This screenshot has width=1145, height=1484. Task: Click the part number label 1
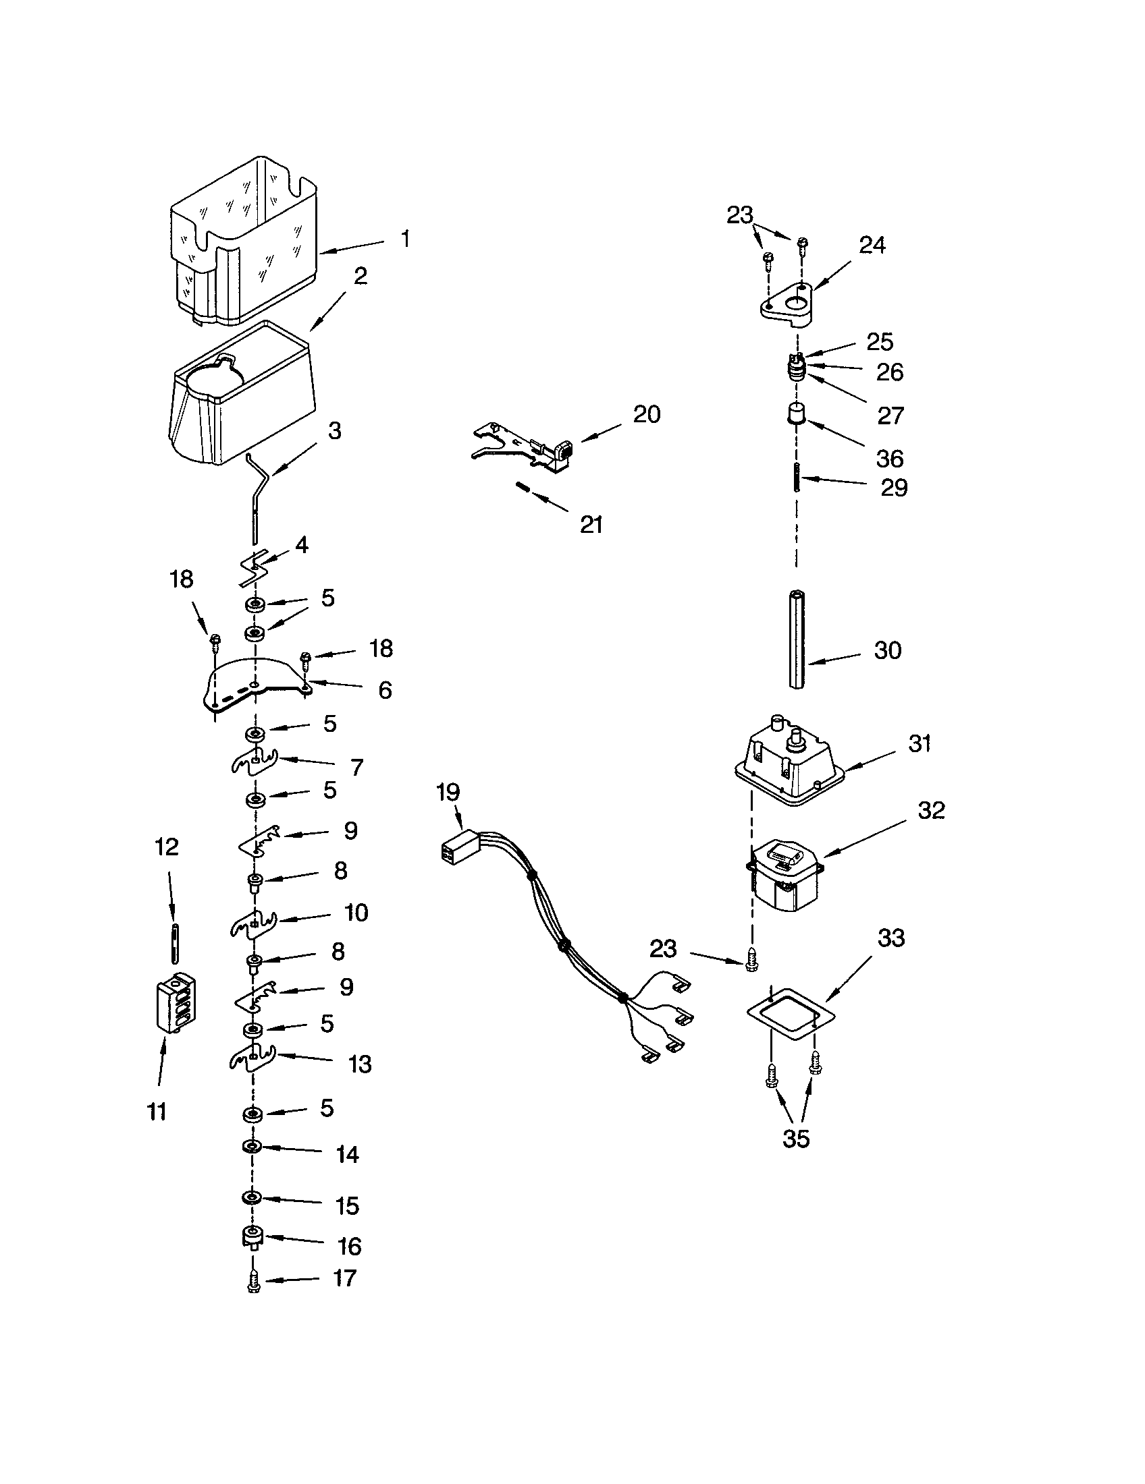pos(405,239)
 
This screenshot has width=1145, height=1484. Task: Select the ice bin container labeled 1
pos(245,245)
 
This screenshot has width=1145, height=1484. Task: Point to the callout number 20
pos(646,414)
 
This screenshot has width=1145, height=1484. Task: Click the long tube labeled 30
pos(796,639)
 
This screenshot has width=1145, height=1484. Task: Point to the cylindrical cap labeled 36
pos(796,413)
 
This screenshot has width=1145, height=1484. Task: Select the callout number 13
pos(359,1064)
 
